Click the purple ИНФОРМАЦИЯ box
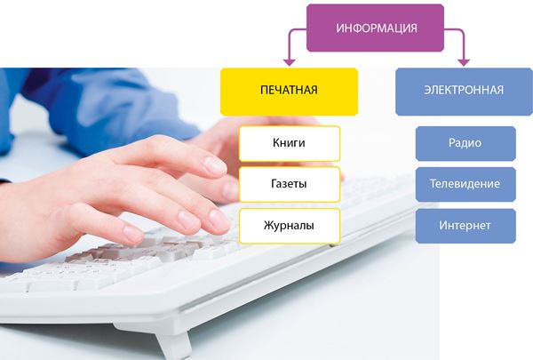(375, 28)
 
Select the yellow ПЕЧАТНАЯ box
(289, 92)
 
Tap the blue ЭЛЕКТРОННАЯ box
(464, 92)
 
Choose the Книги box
(290, 144)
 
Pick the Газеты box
(290, 184)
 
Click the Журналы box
(290, 226)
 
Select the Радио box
(465, 143)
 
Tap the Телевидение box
(465, 184)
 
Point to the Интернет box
(465, 226)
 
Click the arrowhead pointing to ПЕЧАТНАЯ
(290, 62)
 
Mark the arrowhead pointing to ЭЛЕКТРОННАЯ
(464, 62)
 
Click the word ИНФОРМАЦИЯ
(377, 28)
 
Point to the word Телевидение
(465, 184)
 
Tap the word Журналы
(289, 225)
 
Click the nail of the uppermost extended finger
(215, 165)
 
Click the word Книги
(289, 143)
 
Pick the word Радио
(465, 143)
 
